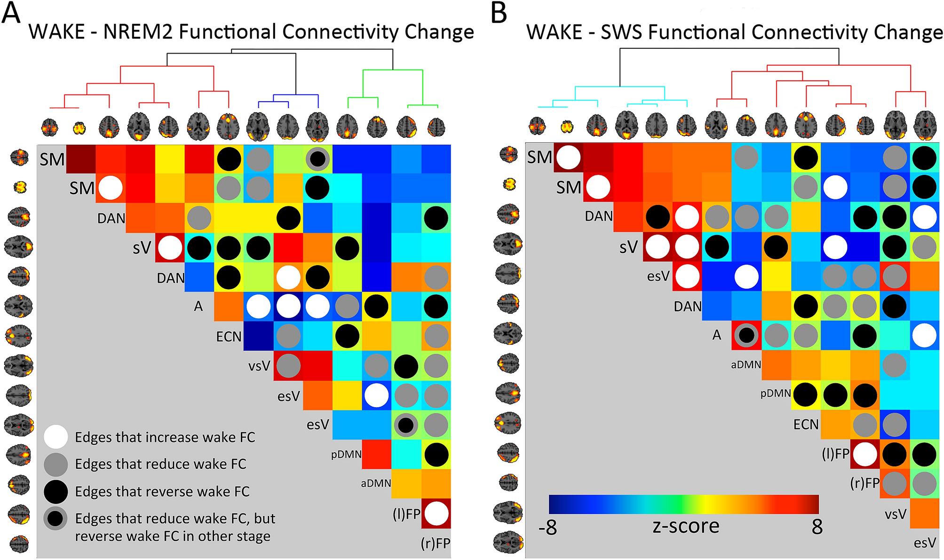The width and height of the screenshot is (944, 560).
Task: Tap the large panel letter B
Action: click(x=499, y=13)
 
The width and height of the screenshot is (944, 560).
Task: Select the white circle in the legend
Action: click(x=56, y=437)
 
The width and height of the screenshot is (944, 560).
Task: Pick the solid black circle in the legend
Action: click(x=56, y=491)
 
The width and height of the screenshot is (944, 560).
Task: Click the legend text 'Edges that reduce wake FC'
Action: click(x=160, y=464)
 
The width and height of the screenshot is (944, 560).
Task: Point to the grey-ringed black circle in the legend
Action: click(x=56, y=519)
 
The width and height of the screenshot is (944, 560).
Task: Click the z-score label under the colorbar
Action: click(x=686, y=526)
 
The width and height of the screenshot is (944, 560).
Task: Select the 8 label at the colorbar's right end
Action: click(x=817, y=527)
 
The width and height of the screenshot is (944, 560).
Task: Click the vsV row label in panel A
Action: click(x=259, y=366)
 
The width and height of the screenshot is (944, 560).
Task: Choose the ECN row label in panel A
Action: click(x=229, y=337)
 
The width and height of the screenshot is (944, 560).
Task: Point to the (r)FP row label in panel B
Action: click(x=865, y=483)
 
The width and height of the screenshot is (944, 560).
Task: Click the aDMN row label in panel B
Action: click(x=746, y=364)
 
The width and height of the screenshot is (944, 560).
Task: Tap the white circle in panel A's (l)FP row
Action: click(x=436, y=513)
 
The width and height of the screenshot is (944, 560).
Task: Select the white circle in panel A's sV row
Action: click(x=170, y=248)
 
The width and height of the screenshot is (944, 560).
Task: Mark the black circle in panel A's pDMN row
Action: click(x=436, y=455)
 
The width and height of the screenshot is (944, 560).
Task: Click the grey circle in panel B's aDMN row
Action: click(x=894, y=365)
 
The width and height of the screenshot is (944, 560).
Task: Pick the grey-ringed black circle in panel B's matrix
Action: click(x=746, y=335)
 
